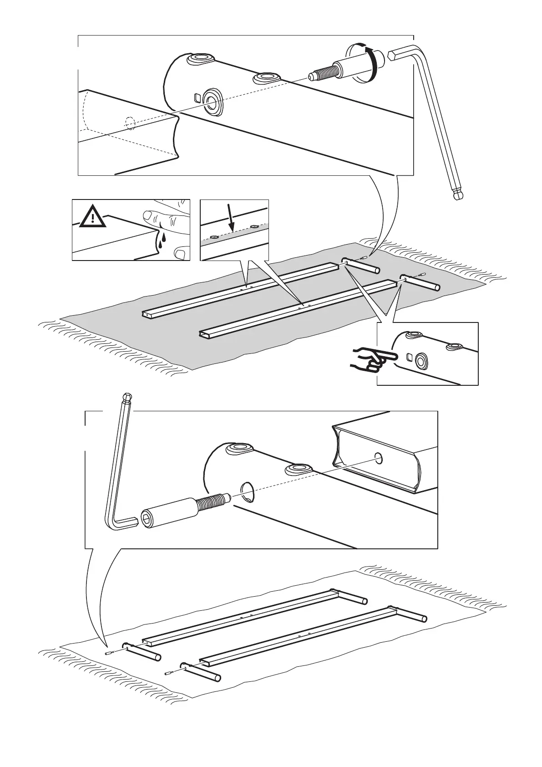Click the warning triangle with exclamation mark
(x=93, y=217)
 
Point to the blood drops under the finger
(x=161, y=239)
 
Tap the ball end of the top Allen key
(x=458, y=194)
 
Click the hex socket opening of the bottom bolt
(x=148, y=519)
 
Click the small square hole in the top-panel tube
(x=198, y=97)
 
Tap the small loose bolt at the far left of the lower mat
(x=109, y=654)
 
